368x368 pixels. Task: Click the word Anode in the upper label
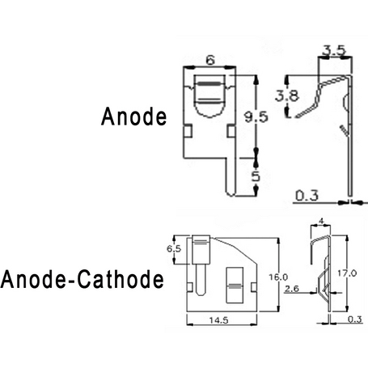[134, 116]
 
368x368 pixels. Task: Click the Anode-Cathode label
[82, 279]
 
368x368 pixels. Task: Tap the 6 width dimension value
[210, 60]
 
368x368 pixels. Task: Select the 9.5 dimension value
[256, 117]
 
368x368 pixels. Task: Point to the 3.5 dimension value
[334, 50]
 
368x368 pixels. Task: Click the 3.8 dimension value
[287, 95]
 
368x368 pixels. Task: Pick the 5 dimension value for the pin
[256, 176]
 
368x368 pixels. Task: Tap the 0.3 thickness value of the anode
[307, 195]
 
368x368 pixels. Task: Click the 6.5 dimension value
[174, 248]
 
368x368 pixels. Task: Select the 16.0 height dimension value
[278, 277]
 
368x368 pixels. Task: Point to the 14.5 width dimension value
[219, 320]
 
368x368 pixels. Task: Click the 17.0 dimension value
[347, 273]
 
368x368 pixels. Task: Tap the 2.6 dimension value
[292, 289]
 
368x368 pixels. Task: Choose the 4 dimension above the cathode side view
[321, 222]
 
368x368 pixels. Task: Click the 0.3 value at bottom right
[355, 319]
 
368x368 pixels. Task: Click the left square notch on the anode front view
[188, 131]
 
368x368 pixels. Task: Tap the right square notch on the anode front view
[231, 131]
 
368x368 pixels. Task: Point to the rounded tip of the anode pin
[231, 194]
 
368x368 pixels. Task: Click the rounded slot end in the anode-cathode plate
[200, 292]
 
